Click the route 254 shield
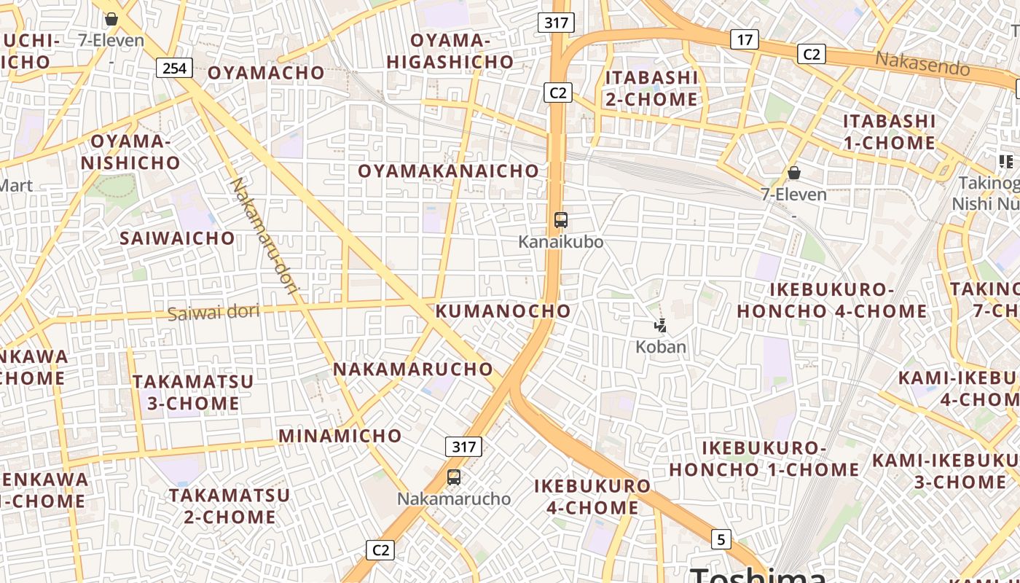(x=174, y=69)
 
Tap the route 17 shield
(x=744, y=39)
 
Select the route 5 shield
(x=721, y=539)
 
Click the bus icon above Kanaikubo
(x=560, y=219)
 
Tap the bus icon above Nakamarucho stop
(x=454, y=477)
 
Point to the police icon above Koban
(x=660, y=326)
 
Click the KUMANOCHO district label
(x=503, y=311)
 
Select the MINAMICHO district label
(x=340, y=436)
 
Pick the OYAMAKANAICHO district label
(x=449, y=171)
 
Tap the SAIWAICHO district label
(x=178, y=238)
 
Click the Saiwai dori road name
(x=213, y=313)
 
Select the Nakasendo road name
(x=922, y=64)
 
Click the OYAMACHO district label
(x=266, y=73)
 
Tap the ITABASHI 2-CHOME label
(x=651, y=88)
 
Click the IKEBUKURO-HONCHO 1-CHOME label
(x=764, y=458)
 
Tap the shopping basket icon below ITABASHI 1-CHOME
(x=794, y=173)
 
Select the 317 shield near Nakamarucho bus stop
(x=463, y=447)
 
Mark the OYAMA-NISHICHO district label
(x=130, y=152)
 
